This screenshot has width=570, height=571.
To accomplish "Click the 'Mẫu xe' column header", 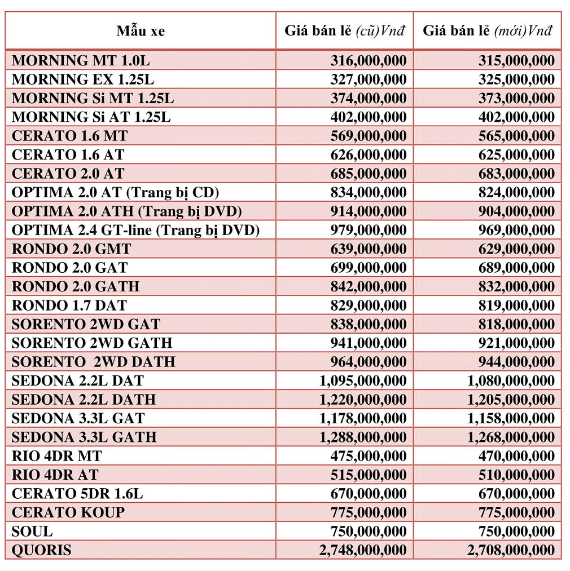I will click(x=141, y=30).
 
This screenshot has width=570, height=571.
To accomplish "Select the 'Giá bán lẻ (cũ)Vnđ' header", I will click(x=345, y=30).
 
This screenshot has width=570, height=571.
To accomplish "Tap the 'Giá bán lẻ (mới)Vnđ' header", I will click(x=488, y=30).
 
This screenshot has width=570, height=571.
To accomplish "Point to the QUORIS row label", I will click(x=42, y=550).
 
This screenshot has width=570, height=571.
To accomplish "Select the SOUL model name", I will click(x=32, y=531).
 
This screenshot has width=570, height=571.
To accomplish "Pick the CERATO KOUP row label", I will click(x=68, y=512).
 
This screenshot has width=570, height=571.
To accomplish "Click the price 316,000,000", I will click(x=368, y=60).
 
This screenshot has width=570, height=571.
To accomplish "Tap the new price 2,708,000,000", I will click(x=511, y=550).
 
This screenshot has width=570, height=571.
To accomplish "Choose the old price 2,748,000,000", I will click(x=362, y=550).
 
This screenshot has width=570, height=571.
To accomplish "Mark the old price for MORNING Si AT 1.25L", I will click(x=368, y=117).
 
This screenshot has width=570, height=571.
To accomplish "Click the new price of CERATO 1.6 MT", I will click(x=516, y=136).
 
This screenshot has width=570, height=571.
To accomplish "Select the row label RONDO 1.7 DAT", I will click(x=69, y=306).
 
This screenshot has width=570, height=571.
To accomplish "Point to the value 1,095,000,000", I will click(x=362, y=380).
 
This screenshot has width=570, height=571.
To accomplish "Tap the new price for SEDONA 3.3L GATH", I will click(x=511, y=437).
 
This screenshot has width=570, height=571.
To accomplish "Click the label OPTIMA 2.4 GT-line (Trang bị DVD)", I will click(x=135, y=230).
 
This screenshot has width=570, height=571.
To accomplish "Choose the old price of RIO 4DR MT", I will click(x=368, y=456).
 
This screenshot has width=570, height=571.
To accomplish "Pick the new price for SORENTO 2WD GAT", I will click(x=516, y=324).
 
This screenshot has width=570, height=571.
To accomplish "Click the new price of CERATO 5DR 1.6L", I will click(x=516, y=494).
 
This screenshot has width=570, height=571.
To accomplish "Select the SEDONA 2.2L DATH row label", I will click(x=84, y=400).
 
